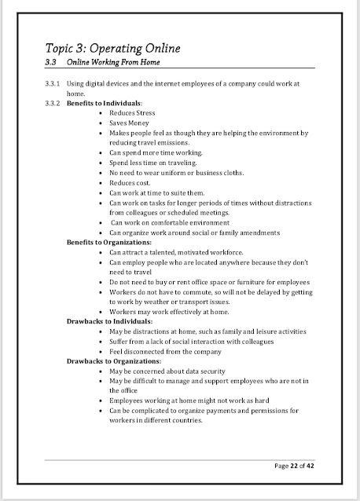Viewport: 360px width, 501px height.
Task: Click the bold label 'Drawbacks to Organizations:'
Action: [x=112, y=361]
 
